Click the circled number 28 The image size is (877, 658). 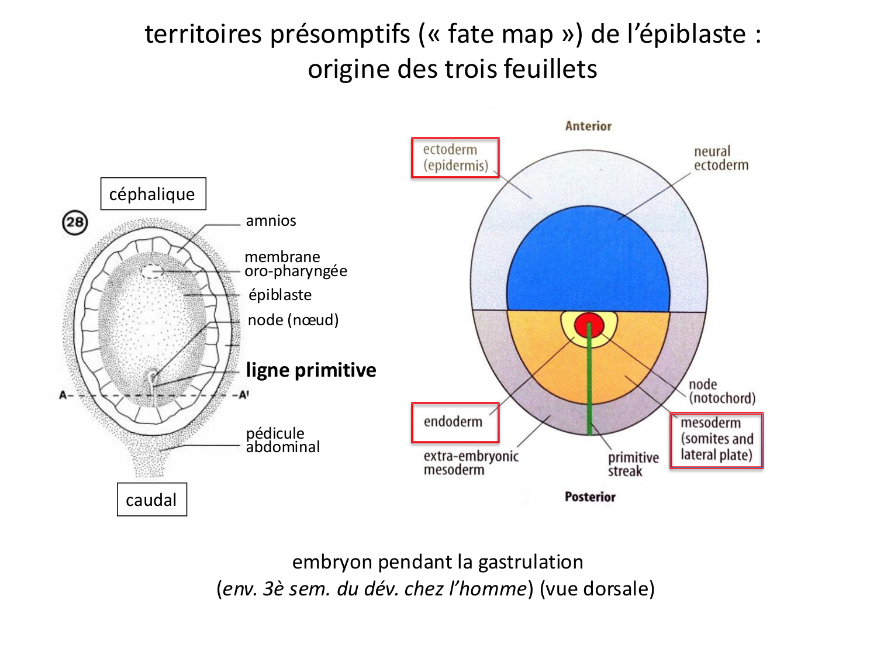[75, 222]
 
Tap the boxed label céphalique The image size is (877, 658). [153, 194]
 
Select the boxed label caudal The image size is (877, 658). [152, 499]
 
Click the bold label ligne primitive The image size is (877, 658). [311, 370]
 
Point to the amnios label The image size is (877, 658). [271, 221]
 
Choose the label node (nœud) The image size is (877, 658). [293, 320]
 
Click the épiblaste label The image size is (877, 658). [279, 295]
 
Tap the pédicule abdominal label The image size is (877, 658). [282, 440]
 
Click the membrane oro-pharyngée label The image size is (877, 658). [296, 264]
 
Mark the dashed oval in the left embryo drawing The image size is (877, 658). [152, 271]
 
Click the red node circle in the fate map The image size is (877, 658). [589, 325]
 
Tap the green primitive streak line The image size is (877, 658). [589, 380]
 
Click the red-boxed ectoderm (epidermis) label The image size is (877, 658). [455, 158]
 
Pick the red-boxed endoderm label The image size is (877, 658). [455, 422]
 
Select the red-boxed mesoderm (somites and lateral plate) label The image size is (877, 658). [716, 440]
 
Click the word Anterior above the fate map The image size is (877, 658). [588, 126]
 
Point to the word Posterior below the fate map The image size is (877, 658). [590, 497]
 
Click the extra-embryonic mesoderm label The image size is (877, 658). [471, 463]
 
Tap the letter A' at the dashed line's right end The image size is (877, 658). [244, 395]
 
